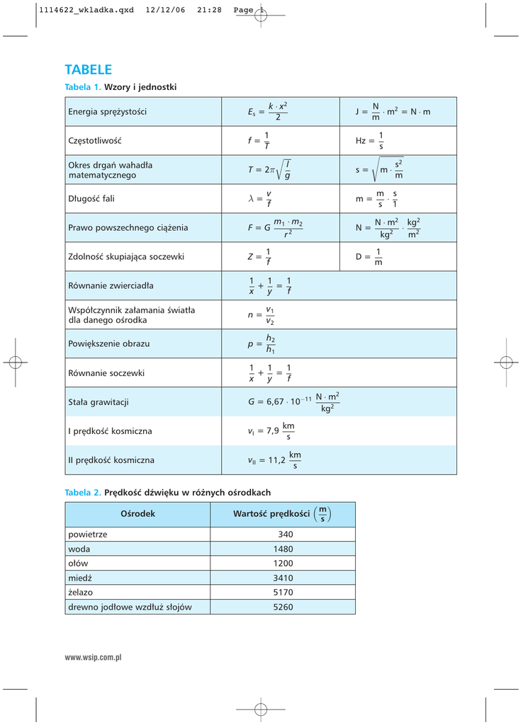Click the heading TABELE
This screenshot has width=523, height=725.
[88, 69]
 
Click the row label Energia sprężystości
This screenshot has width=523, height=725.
[107, 112]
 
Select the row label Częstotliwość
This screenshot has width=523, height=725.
[94, 141]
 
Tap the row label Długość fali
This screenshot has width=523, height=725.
[91, 199]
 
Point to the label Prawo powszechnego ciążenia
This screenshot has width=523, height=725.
[128, 228]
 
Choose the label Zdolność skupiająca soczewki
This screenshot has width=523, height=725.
[125, 257]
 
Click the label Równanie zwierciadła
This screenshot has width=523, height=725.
[111, 286]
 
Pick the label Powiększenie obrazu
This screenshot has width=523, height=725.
[108, 344]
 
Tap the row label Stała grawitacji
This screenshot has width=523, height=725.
[98, 402]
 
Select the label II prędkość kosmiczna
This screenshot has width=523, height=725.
[111, 460]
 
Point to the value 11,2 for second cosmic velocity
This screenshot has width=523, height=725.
[276, 460]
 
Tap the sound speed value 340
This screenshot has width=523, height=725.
[286, 535]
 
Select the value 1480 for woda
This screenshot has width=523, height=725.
[283, 549]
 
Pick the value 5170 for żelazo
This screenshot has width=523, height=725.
[283, 592]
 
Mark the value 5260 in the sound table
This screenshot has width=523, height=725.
[283, 607]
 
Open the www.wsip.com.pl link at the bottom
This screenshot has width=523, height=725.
[94, 658]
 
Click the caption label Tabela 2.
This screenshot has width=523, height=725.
[82, 492]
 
